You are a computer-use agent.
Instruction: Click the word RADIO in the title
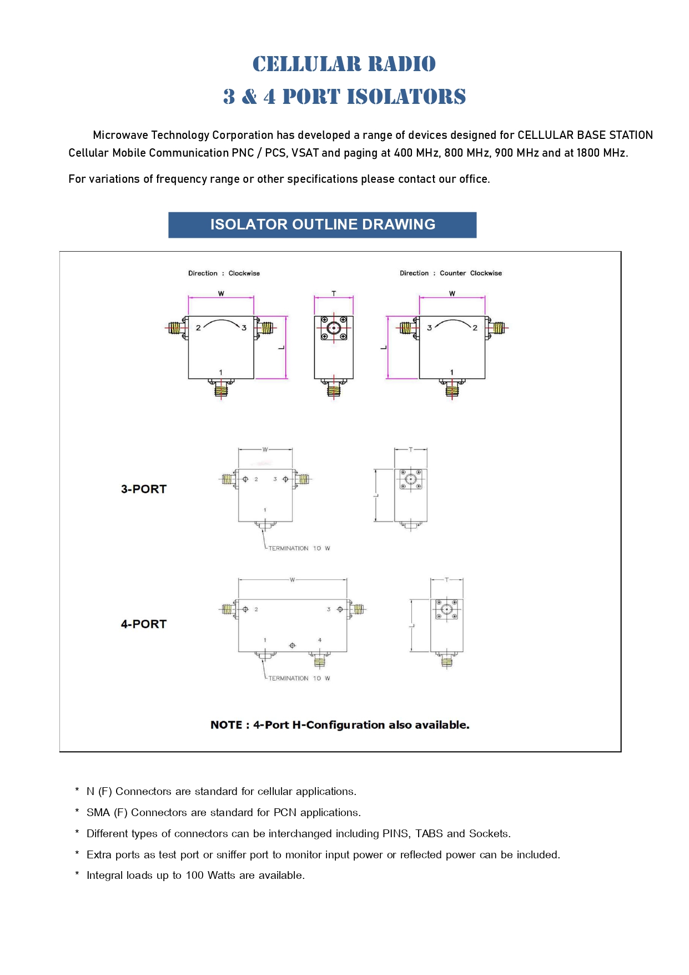[401, 64]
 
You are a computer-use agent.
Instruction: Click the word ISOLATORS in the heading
[406, 97]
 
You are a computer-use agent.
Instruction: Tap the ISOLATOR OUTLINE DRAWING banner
[322, 224]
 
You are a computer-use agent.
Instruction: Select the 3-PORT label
[144, 489]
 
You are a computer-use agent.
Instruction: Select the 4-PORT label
[144, 624]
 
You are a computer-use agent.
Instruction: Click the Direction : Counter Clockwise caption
[450, 273]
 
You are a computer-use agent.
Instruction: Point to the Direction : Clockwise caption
[224, 273]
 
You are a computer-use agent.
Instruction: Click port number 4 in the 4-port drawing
[320, 640]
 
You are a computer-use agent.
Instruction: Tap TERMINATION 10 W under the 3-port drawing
[299, 548]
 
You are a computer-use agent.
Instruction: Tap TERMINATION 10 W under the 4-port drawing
[299, 678]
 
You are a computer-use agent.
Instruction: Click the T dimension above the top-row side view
[334, 293]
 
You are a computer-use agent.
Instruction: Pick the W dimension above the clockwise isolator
[221, 293]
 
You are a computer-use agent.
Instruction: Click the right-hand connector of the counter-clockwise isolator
[498, 328]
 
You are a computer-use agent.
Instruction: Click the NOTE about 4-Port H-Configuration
[340, 725]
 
